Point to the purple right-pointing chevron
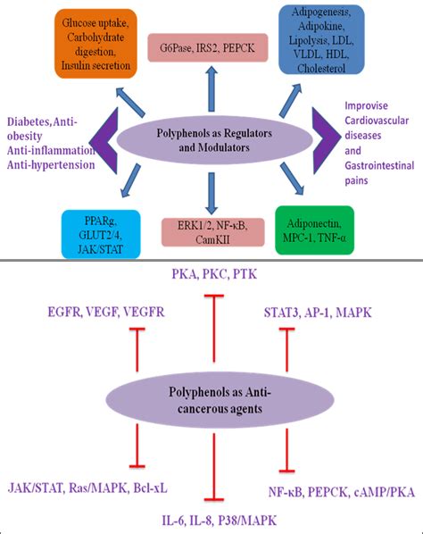tap(323, 145)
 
